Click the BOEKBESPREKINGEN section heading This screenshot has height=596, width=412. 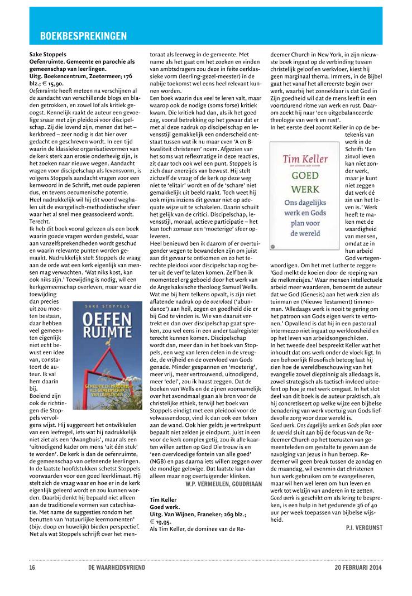tap(83, 37)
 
